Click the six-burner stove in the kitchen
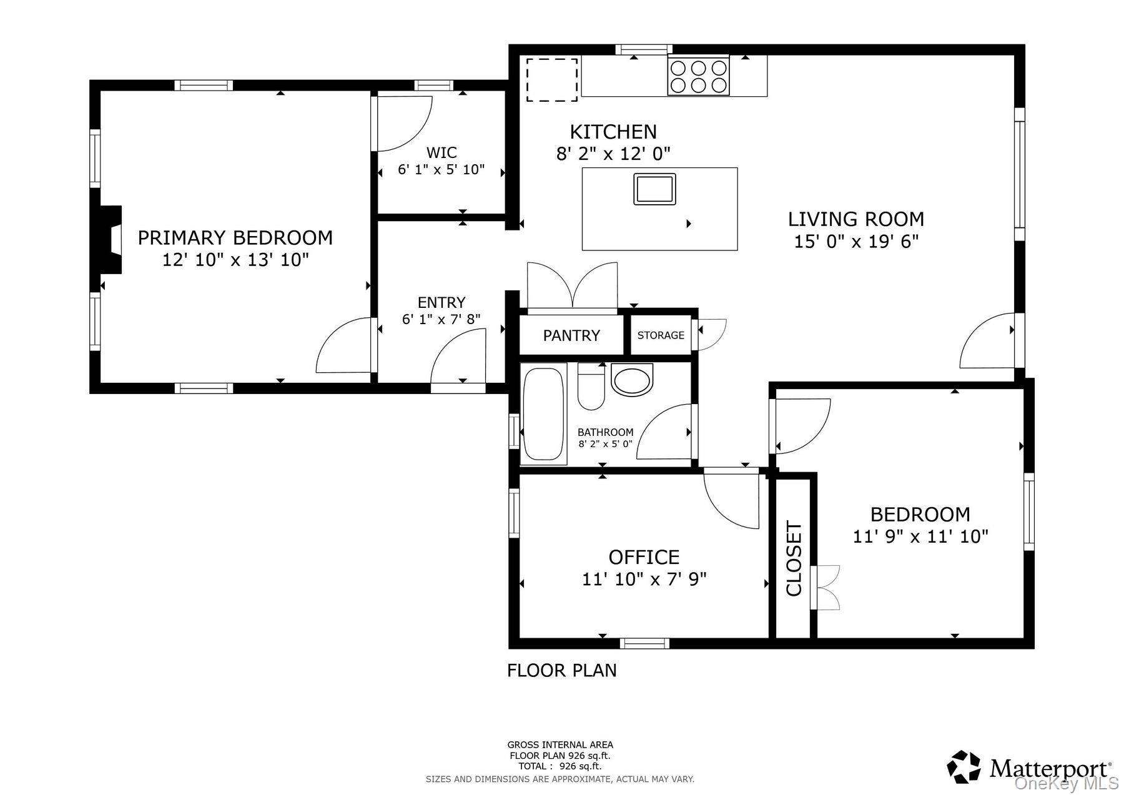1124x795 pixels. click(x=698, y=76)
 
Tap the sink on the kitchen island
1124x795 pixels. click(x=654, y=189)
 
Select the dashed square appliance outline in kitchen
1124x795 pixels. click(x=551, y=79)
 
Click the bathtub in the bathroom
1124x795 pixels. click(x=544, y=415)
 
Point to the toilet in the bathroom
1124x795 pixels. click(x=591, y=387)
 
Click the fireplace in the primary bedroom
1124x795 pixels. click(x=111, y=239)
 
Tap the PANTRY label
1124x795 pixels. click(x=571, y=336)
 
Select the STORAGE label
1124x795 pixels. click(x=661, y=335)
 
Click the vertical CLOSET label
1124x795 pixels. click(x=793, y=558)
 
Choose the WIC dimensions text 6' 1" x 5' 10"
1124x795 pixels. click(x=441, y=170)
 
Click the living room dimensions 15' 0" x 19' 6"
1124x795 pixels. click(x=856, y=241)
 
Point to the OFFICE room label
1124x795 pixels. click(x=644, y=556)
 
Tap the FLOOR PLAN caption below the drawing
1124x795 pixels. click(x=561, y=670)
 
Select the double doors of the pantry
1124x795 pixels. click(x=573, y=286)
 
